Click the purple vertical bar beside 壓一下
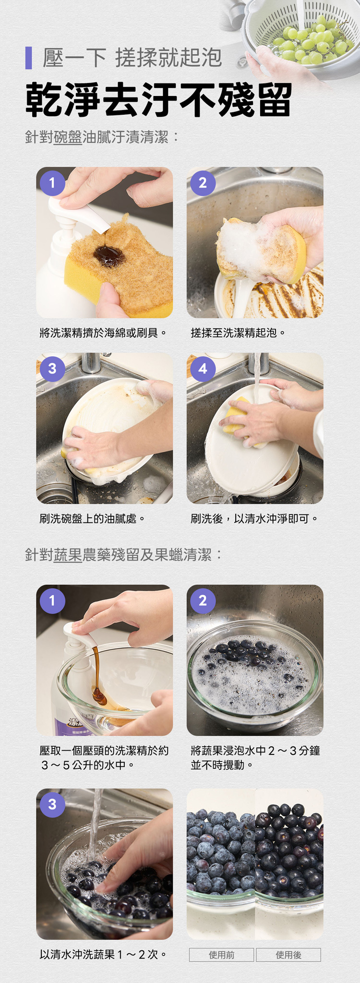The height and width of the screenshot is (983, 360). point(28,58)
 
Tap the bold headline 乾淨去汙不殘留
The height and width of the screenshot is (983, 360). point(158,100)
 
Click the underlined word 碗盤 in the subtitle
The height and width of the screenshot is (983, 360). point(68,137)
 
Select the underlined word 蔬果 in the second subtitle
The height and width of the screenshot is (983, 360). point(68,555)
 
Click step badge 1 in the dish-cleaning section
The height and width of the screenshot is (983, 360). point(52,183)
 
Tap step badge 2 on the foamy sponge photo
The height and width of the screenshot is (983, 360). point(203,183)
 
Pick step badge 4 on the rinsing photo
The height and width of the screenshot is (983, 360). point(203,369)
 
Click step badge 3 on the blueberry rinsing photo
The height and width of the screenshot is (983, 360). point(52,804)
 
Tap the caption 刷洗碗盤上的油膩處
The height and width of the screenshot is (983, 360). point(92,519)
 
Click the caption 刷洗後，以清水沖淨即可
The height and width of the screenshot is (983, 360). point(254,519)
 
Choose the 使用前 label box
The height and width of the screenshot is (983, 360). point(221,955)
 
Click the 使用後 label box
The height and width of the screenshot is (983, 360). point(288,955)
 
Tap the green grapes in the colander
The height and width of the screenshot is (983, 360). point(310,41)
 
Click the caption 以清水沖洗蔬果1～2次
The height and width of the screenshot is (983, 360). point(103,954)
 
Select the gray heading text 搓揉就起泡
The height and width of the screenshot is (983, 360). point(168,58)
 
